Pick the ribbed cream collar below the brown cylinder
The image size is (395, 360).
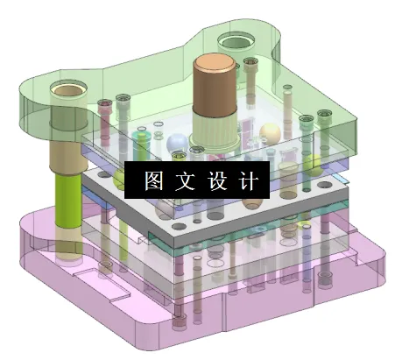[x=213, y=132]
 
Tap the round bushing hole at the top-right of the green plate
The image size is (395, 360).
[x=237, y=40]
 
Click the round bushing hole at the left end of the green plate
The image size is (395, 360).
[x=66, y=89]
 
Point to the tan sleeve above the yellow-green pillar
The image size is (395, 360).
[x=67, y=158]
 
